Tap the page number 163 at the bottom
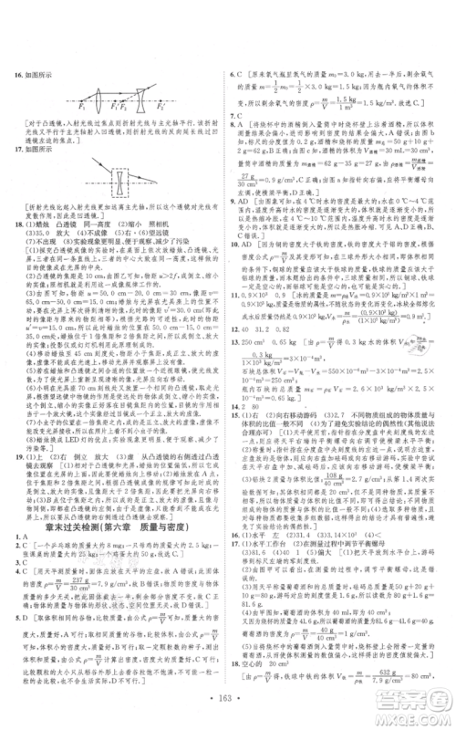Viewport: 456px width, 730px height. [x=228, y=708]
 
